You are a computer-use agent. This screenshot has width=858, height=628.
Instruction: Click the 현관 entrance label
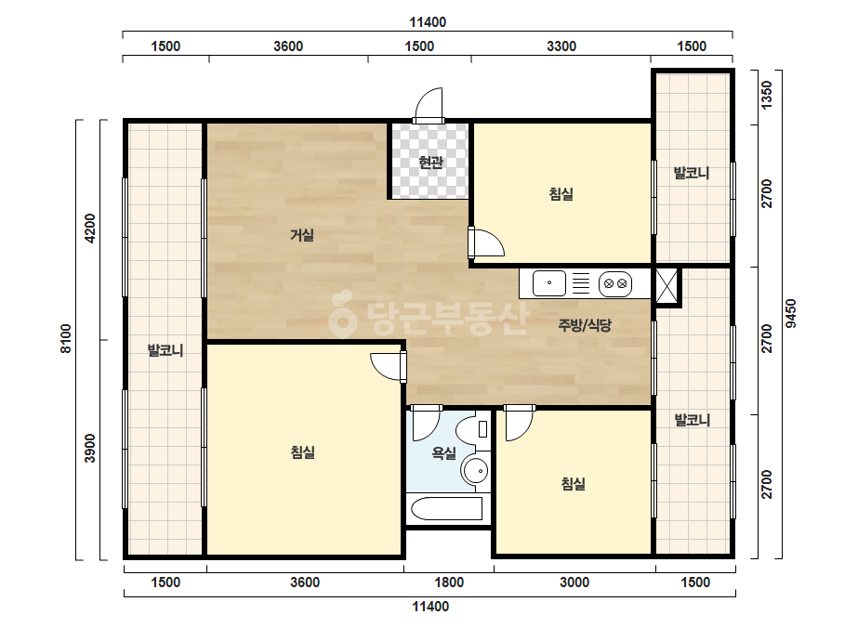pos(430,162)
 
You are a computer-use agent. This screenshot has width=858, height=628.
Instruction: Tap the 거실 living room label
pos(301,235)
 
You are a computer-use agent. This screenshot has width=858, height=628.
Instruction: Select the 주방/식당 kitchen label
pos(585,325)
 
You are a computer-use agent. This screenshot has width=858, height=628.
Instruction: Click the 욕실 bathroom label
pos(443,453)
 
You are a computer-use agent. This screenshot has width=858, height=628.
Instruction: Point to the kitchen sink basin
pos(548,283)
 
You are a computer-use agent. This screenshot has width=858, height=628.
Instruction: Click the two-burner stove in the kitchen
pos(615,284)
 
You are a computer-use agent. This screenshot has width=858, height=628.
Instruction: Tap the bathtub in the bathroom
pos(446,508)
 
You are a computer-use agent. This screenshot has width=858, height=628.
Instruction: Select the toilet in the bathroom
pos(474,430)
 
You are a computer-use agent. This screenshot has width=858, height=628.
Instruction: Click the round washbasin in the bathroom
pos(475,470)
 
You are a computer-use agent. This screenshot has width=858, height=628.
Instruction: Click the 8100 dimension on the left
pos(66,339)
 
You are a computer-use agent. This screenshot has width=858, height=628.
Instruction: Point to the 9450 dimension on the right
pos(791,313)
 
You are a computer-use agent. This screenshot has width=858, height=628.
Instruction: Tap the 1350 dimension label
pos(767,95)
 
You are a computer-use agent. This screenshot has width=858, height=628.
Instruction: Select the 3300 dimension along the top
pos(561,46)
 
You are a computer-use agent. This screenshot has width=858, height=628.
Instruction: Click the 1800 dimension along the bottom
pos(449,582)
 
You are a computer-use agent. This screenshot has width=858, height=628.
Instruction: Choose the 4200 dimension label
pos(90,229)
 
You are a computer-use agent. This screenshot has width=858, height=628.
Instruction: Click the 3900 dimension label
pos(90,448)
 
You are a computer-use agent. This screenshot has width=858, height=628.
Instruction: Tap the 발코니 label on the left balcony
pos(165,350)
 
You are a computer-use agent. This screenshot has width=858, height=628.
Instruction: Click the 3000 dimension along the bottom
pos(574,582)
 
